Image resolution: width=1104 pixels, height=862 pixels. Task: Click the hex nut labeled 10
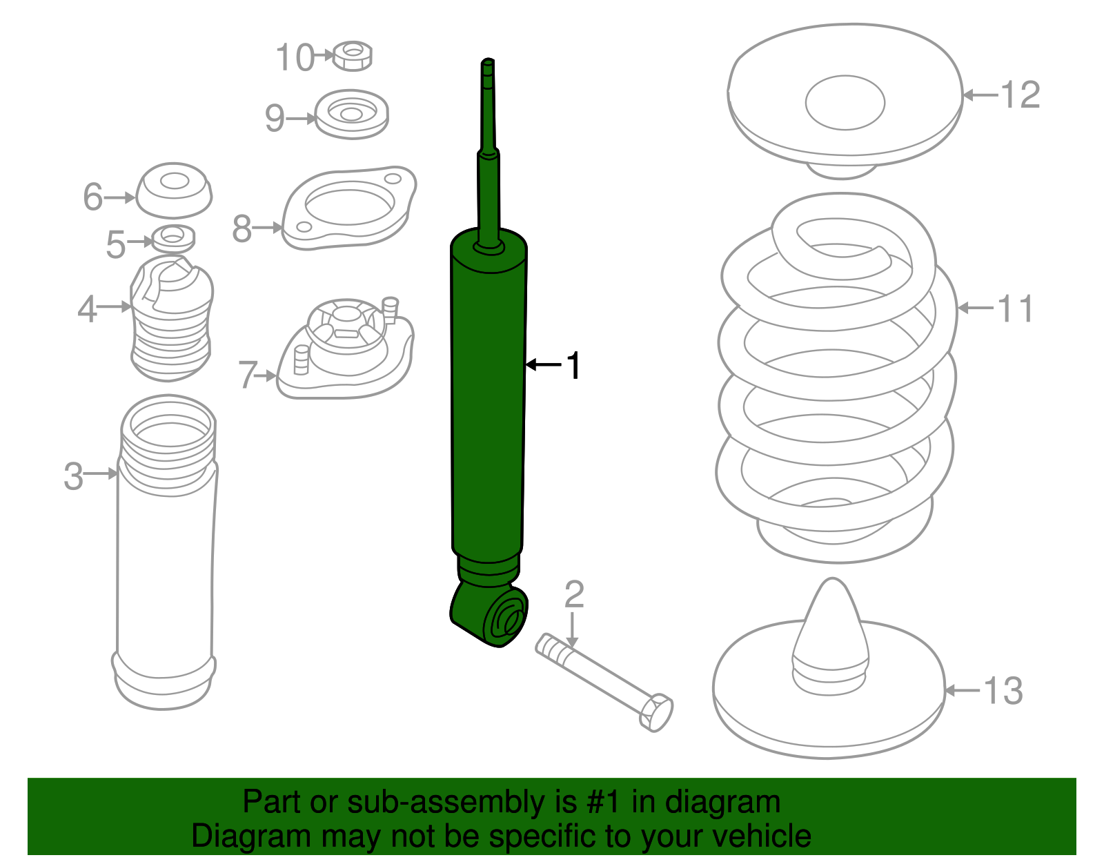pos(353,56)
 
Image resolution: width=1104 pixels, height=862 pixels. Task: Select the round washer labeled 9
pos(351,114)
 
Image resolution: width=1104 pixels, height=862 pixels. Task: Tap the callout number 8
pos(241,228)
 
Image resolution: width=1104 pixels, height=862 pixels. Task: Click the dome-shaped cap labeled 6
pos(174,190)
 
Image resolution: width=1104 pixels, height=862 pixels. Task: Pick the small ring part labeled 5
pos(172,239)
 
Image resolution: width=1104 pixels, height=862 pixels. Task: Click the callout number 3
pos(73,476)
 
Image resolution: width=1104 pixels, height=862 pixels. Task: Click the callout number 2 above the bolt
pos(574,594)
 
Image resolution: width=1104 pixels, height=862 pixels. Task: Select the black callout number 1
pos(573,365)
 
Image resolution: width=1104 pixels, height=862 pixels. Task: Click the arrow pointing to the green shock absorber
pos(544,364)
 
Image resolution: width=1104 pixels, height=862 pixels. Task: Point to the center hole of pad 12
pos(845,103)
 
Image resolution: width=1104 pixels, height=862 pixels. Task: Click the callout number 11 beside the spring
pos(1016,308)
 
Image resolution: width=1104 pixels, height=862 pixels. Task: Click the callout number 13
pos(1003,691)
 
